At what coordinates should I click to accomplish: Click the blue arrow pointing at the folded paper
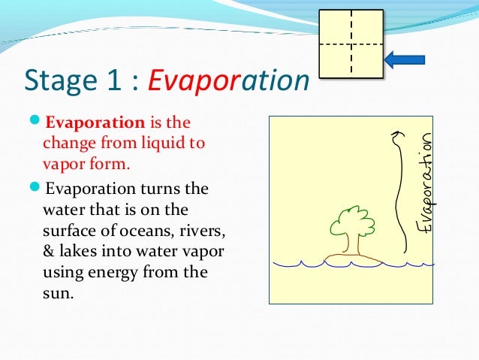[405, 59]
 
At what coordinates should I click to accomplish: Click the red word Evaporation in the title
[230, 80]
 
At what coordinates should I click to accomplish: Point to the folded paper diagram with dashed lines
[350, 44]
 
